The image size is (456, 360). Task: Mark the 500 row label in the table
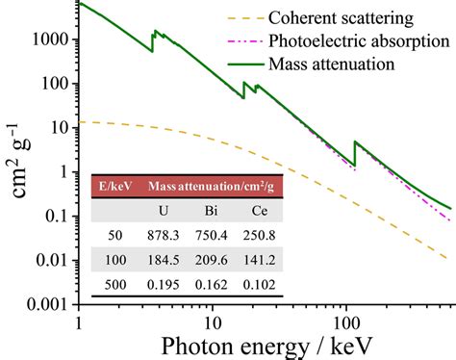tap(113, 285)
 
